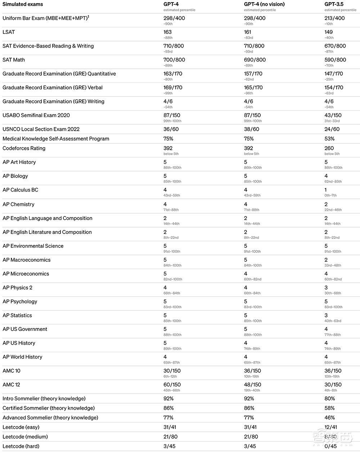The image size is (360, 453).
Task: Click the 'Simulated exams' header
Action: pos(23,4)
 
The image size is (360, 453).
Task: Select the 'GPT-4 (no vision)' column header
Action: pos(264,4)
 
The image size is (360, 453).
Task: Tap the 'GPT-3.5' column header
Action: pos(334,4)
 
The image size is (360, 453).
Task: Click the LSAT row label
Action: pos(9,32)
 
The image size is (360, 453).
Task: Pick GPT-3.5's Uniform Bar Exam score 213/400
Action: pos(334,18)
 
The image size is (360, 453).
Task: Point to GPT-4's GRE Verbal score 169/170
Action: pos(173,88)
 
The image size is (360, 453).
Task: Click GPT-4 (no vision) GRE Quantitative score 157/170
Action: pos(253,74)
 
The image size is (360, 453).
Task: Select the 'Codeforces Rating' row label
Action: pos(24,148)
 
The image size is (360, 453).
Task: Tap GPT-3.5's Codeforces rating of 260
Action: pos(329,148)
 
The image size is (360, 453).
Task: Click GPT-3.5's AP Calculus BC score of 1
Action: pos(326,190)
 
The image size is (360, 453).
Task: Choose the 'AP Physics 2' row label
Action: pos(17,288)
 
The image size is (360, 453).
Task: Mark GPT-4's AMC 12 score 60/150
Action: pos(172,385)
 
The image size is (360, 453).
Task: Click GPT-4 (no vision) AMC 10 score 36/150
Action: pos(253,371)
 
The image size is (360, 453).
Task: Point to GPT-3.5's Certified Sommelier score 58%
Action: pos(329,408)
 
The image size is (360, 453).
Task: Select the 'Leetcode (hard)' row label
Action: pos(21,447)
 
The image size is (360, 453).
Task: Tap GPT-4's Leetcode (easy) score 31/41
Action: pos(170,427)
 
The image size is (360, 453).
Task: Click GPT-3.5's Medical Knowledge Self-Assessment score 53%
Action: pos(329,139)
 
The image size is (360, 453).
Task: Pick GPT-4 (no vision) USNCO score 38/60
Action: pos(252,129)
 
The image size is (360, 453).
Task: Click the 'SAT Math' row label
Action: pos(14,60)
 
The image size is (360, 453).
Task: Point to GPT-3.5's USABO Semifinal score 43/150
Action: pos(333,116)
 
